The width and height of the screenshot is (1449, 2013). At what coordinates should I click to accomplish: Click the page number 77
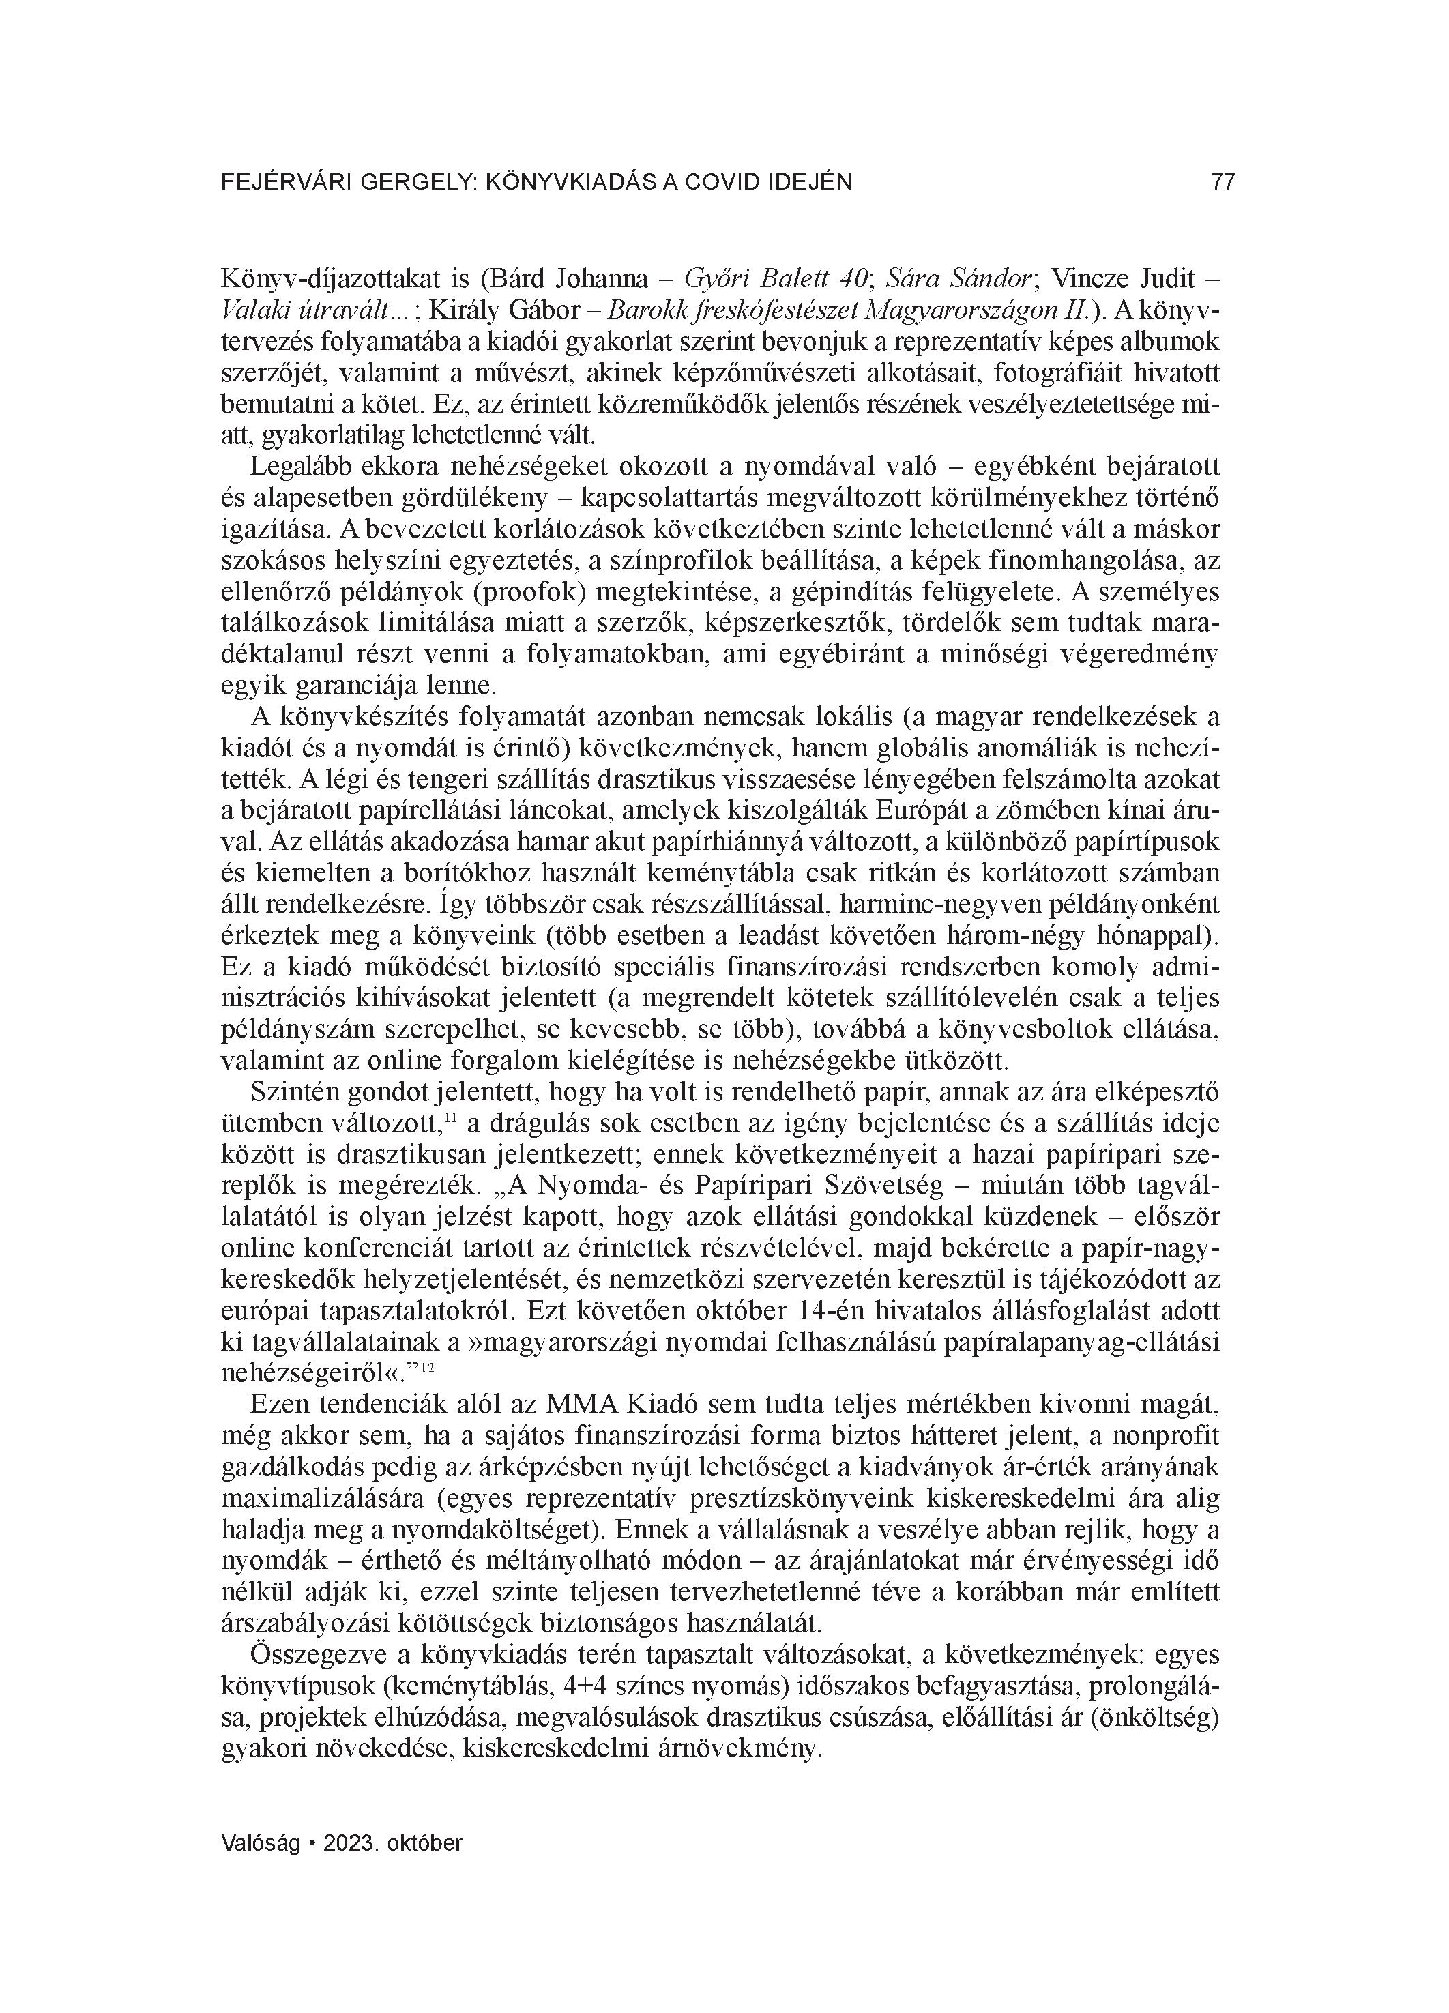point(1223,182)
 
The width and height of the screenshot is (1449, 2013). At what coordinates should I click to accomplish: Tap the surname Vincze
point(1087,279)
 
